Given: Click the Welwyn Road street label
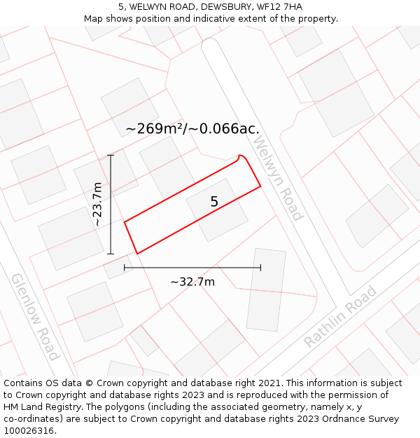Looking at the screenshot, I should (277, 178).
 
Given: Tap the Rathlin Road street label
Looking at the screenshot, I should (340, 317).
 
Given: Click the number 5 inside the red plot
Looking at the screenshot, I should (214, 202).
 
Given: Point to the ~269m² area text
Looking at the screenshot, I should (160, 129).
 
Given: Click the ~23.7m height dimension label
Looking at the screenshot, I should (97, 204).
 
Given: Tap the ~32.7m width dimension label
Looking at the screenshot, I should (192, 282).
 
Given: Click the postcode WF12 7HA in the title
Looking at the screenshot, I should (279, 7).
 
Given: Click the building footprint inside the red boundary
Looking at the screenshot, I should (217, 210).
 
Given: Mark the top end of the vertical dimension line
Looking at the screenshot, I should (111, 155).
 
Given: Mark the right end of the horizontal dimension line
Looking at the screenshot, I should (260, 267).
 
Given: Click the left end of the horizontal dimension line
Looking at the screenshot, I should (125, 267).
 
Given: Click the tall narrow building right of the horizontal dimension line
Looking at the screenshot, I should (267, 289).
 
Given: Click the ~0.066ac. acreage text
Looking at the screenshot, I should (229, 129).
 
